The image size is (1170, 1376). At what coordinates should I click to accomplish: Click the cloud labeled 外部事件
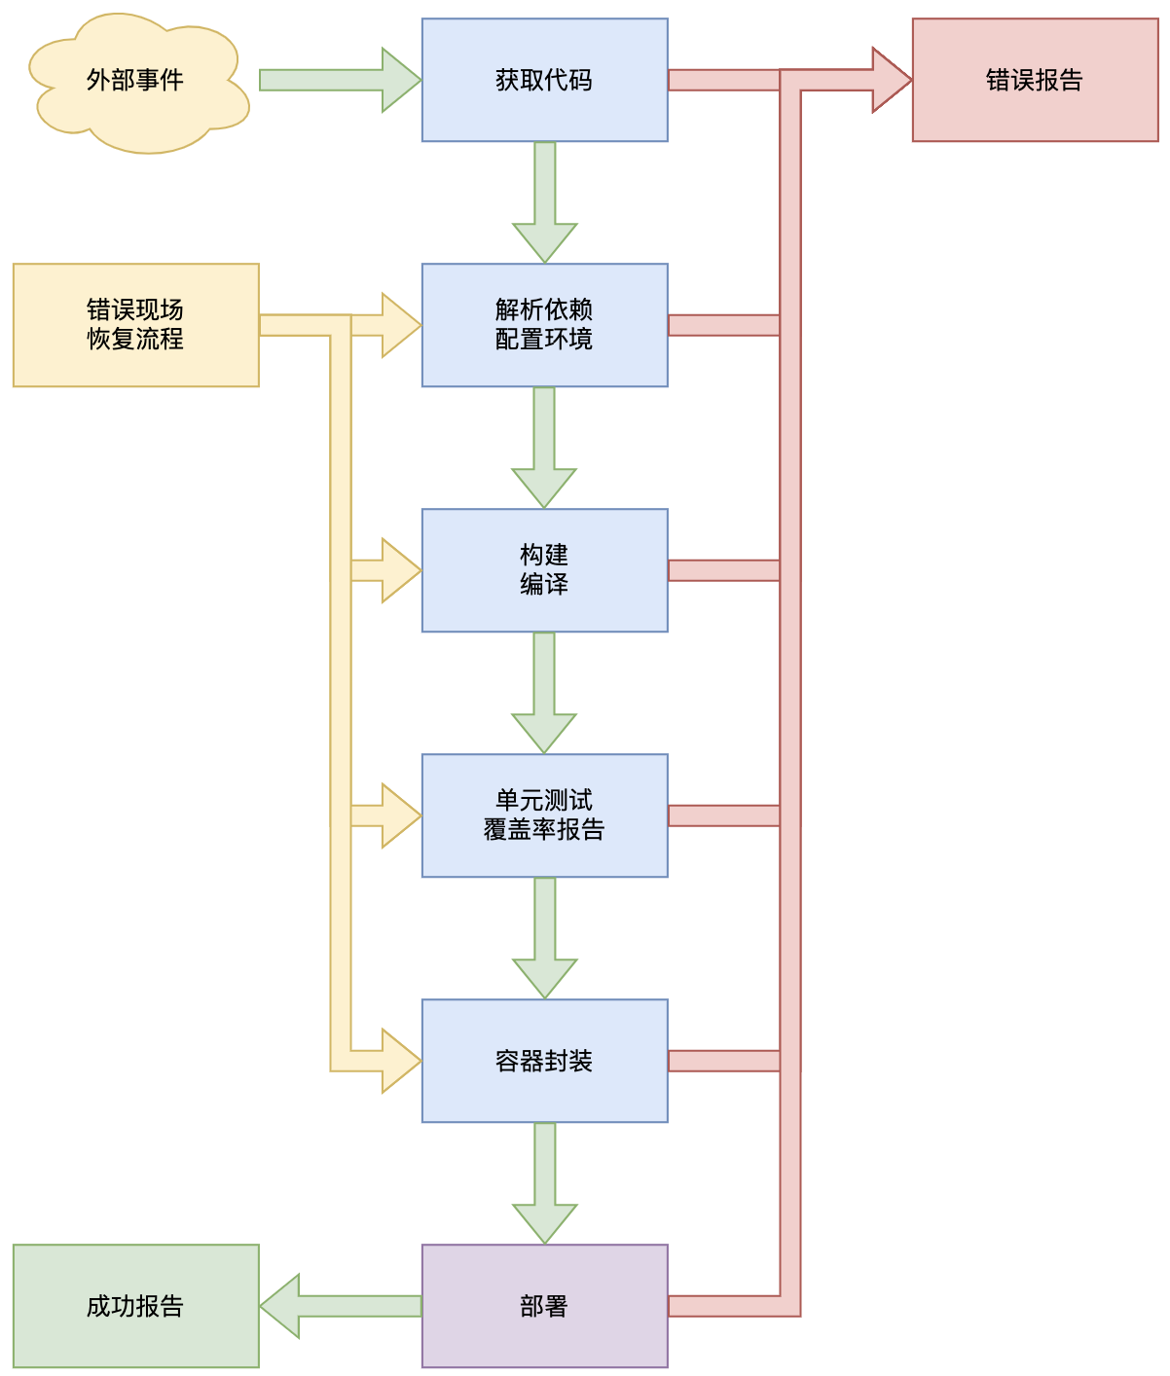136,82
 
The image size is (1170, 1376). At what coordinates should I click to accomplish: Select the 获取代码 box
544,80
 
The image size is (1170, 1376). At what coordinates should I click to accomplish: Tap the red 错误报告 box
1035,80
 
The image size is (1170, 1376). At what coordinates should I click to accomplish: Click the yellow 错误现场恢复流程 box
136,325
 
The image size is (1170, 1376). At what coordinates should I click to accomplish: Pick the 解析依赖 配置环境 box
544,325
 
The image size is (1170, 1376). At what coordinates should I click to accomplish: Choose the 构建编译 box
544,570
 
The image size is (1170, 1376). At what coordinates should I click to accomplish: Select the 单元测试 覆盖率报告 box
544,815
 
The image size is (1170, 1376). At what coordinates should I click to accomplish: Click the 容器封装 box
544,1061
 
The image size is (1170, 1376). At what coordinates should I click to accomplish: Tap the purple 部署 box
544,1306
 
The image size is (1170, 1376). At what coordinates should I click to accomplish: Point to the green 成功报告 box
136,1306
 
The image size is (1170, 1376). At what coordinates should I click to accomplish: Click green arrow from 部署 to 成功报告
341,1306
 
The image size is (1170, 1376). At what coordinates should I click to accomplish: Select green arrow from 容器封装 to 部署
544,1181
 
